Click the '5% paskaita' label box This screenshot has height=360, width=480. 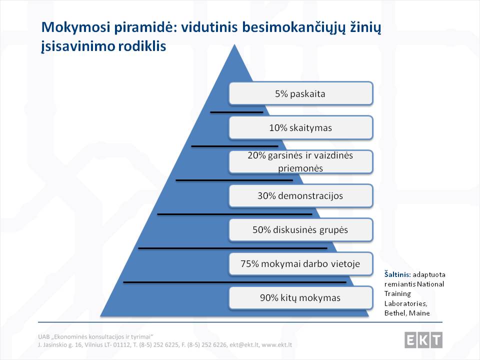click(x=301, y=93)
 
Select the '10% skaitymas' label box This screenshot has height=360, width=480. click(x=301, y=127)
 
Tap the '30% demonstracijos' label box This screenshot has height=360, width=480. click(x=301, y=195)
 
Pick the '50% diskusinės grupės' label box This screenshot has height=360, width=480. click(x=301, y=229)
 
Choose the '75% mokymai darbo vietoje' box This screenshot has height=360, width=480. click(x=301, y=263)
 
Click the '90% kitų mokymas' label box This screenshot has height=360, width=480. click(x=301, y=297)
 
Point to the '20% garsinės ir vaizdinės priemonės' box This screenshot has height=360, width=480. click(x=301, y=161)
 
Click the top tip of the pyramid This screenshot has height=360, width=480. click(x=234, y=44)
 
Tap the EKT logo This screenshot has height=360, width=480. click(x=423, y=340)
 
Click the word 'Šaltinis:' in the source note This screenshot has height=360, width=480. click(x=397, y=274)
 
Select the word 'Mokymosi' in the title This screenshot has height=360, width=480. click(x=75, y=27)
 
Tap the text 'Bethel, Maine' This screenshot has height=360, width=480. click(x=407, y=313)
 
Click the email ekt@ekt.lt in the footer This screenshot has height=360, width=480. click(x=244, y=344)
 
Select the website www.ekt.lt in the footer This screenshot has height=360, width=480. click(x=276, y=344)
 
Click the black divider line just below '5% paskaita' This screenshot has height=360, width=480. click(x=236, y=112)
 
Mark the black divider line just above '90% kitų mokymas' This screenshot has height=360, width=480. click(x=235, y=282)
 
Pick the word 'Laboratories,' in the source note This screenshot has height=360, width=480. click(x=405, y=303)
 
